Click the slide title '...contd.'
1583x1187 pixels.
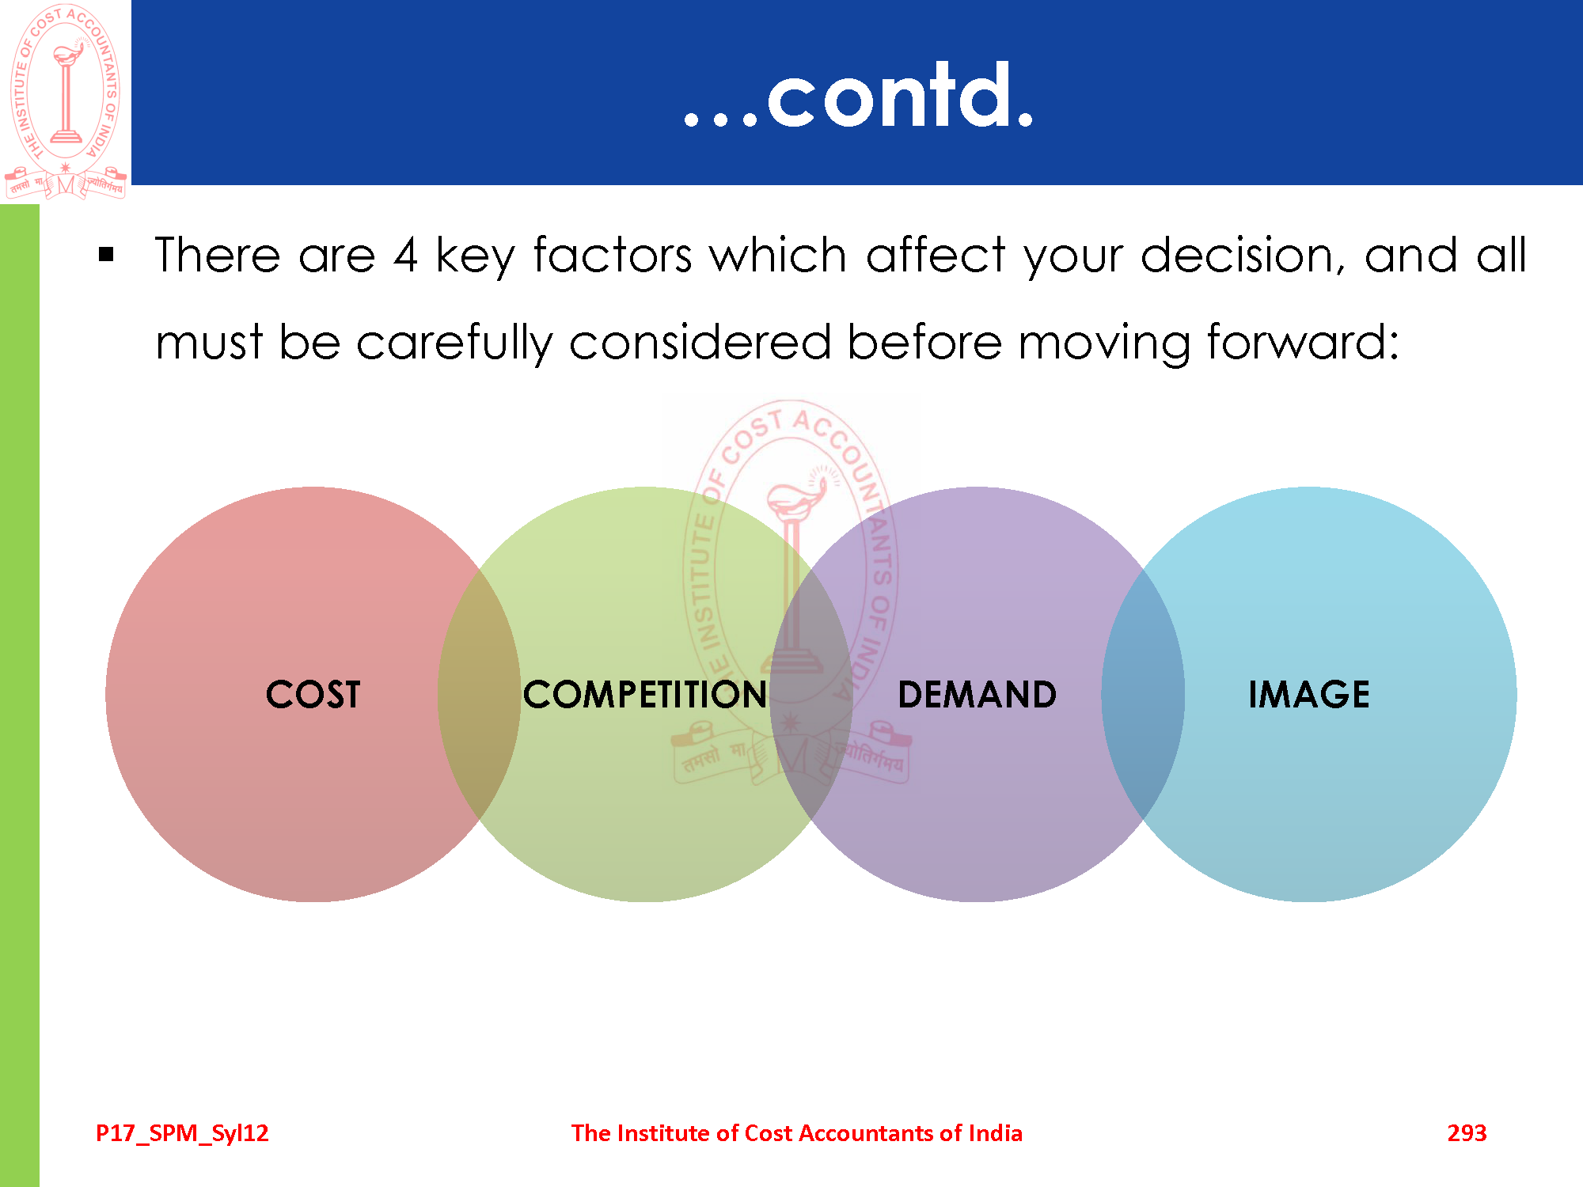(859, 96)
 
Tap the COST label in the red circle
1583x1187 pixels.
(313, 695)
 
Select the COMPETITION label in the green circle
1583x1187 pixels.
(645, 695)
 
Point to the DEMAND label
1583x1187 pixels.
(978, 695)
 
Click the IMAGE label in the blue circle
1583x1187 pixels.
(1309, 695)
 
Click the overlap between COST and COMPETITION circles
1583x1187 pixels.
(480, 695)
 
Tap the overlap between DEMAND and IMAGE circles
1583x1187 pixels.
(1143, 695)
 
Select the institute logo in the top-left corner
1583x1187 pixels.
(66, 100)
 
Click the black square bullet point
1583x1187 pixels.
(107, 255)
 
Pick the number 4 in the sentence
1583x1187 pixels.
(405, 256)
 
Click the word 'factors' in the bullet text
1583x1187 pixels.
(613, 255)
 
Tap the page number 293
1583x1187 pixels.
(1467, 1133)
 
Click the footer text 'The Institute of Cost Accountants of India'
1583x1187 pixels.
(797, 1133)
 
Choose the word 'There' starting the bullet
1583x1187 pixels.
(218, 255)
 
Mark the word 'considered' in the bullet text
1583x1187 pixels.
(700, 342)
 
